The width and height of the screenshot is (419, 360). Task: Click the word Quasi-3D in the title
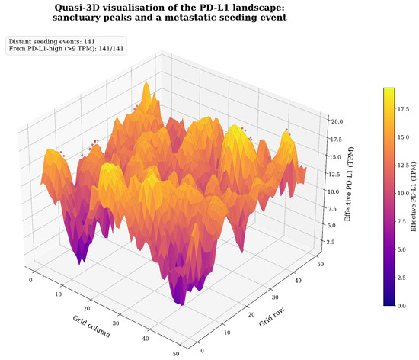pos(77,8)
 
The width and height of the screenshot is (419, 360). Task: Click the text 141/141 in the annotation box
pos(111,49)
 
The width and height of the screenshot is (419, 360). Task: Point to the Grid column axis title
pos(91,326)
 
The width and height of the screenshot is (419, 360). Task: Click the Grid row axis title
pos(271,317)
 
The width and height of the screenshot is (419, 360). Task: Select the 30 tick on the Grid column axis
pos(116,323)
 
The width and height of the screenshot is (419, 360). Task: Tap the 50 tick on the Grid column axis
pos(175,354)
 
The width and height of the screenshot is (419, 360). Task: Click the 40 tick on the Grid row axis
pos(298,281)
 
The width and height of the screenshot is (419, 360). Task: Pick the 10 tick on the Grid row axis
pos(227,333)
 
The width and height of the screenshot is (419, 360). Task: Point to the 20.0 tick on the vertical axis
pos(337,121)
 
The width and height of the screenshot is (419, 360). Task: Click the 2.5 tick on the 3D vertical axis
pos(331,242)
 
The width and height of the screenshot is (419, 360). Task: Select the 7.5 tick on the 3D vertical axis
pos(332,209)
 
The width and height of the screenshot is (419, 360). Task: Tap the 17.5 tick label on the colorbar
pos(403,109)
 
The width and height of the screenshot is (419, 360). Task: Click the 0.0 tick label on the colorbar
pos(401,305)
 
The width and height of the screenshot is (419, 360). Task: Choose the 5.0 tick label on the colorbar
pos(401,249)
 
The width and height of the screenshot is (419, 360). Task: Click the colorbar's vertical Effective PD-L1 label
pos(414,197)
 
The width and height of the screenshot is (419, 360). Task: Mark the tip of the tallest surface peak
pos(146,82)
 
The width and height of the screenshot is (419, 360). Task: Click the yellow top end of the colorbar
pos(389,88)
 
